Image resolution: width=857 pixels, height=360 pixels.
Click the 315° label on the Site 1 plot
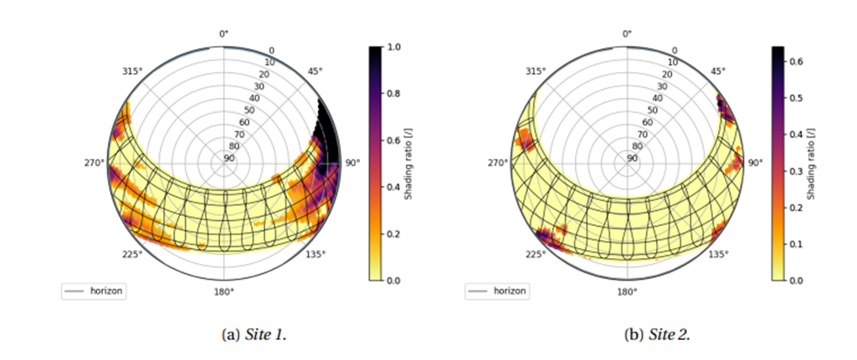129,71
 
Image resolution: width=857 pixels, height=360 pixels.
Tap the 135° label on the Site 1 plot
316,253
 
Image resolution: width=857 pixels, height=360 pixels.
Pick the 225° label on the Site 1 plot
131,253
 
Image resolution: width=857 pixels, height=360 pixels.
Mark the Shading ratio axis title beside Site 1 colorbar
410,164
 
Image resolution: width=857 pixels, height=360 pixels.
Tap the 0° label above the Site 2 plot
627,34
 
